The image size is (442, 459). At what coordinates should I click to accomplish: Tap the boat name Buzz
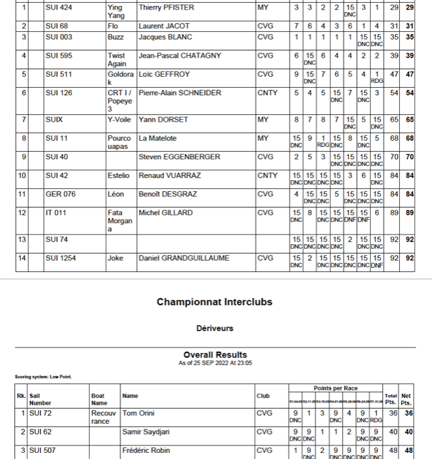116,37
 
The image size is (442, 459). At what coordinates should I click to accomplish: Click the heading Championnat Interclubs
214,302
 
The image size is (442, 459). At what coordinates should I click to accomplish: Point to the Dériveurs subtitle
215,328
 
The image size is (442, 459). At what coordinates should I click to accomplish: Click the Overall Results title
215,354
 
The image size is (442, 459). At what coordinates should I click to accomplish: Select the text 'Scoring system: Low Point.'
44,377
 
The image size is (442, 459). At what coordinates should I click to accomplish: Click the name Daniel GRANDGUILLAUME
184,258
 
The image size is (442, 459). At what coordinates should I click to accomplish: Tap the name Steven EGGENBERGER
180,157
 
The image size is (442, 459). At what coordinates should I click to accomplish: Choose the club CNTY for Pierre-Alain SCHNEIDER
267,92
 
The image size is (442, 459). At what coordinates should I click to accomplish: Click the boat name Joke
116,258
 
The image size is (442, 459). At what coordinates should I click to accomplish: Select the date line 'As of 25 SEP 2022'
215,362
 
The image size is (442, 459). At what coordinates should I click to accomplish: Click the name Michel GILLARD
166,213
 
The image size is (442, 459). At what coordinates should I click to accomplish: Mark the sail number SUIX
54,120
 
